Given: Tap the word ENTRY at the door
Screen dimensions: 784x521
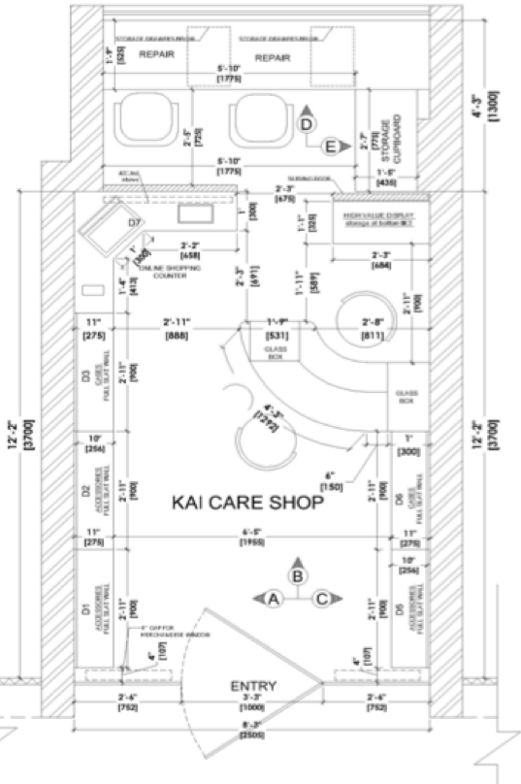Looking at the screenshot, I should tap(254, 687).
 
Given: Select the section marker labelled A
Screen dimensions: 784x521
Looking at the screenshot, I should tap(274, 600).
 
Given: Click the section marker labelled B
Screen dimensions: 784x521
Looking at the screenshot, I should tap(299, 576).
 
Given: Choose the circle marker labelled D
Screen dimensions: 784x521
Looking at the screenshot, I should tap(307, 124).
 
